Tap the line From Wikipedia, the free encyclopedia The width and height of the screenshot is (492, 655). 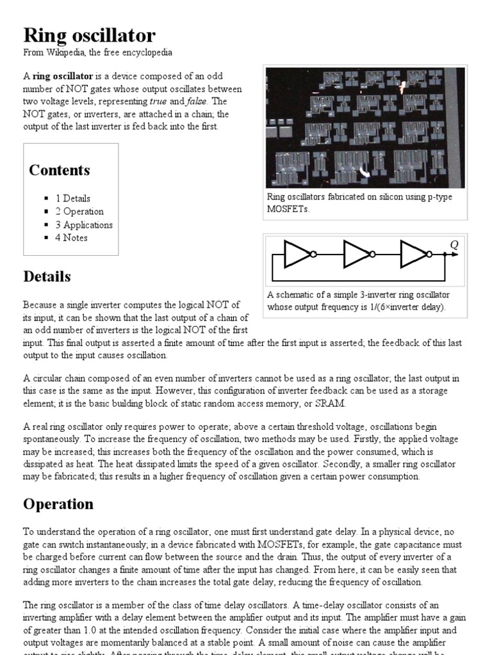tap(97, 52)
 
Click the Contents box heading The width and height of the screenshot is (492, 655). tap(59, 170)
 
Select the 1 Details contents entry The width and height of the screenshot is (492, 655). tap(72, 198)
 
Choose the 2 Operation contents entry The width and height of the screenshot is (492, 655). tap(79, 212)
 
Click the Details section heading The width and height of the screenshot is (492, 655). tap(47, 276)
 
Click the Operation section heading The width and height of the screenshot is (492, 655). tap(58, 503)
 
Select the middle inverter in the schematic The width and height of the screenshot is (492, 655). tap(357, 254)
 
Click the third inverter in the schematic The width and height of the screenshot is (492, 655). tap(414, 254)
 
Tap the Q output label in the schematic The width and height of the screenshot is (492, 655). tap(454, 245)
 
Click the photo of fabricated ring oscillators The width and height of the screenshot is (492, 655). tap(365, 127)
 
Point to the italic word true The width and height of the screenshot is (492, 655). tap(158, 101)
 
